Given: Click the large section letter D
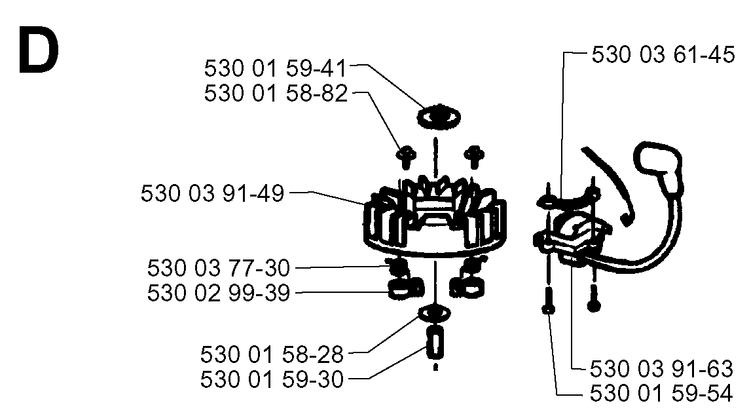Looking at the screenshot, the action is click(x=38, y=50).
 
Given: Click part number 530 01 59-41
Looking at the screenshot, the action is click(x=275, y=68).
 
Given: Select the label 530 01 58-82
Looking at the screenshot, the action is click(x=276, y=93).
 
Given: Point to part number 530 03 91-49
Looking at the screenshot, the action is click(x=212, y=194).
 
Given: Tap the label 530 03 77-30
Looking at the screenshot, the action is click(x=218, y=268).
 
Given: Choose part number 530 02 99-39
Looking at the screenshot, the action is click(x=218, y=293).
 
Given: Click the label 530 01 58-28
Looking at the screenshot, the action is click(x=272, y=354).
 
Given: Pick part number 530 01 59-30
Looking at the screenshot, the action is click(x=272, y=379).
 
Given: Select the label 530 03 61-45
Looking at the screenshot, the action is click(x=663, y=54).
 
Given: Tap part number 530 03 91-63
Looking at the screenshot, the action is click(x=661, y=369).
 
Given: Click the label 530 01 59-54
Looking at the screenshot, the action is click(x=661, y=394).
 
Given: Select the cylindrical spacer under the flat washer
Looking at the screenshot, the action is click(x=435, y=343).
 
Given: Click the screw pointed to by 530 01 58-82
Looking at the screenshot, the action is click(x=405, y=157).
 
